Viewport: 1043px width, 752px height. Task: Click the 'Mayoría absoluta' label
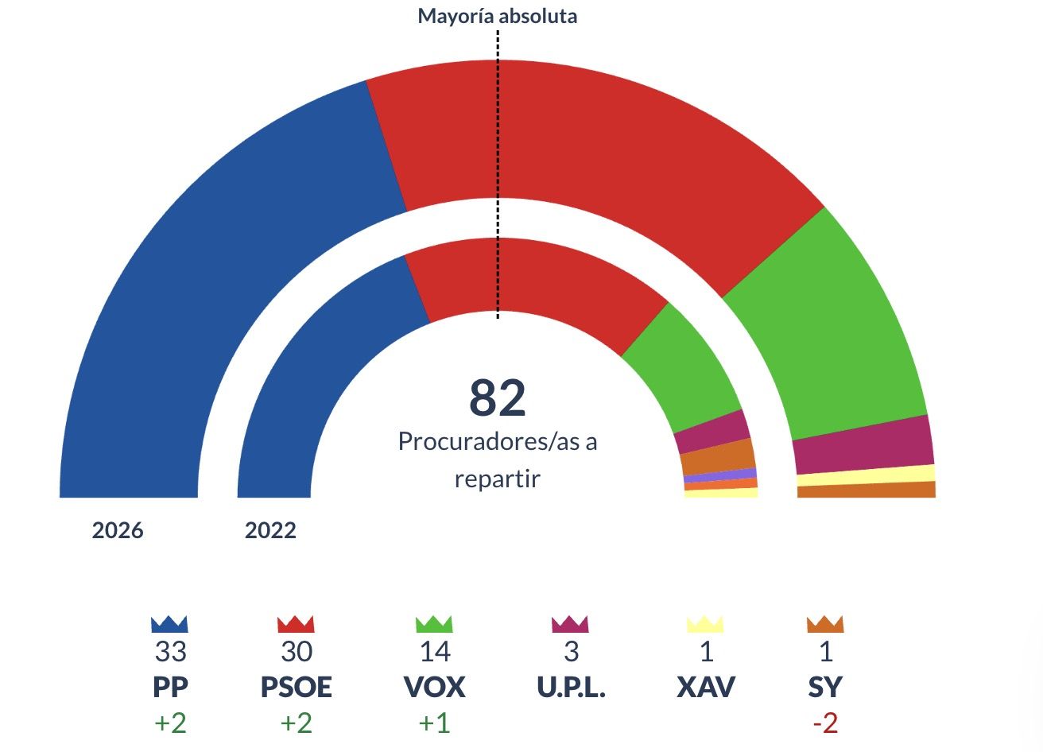click(x=497, y=16)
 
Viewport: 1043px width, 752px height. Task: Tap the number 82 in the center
click(x=498, y=397)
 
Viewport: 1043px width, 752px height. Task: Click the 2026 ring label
click(x=118, y=530)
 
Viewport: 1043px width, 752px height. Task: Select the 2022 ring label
click(x=270, y=530)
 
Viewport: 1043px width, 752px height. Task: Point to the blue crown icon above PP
click(x=169, y=624)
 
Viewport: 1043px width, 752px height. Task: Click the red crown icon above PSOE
click(x=296, y=624)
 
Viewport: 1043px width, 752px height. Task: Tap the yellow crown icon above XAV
click(x=705, y=624)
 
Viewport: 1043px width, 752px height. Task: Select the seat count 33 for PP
click(x=170, y=652)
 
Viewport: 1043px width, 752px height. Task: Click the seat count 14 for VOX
click(x=434, y=652)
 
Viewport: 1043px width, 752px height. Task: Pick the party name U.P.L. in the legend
click(x=571, y=687)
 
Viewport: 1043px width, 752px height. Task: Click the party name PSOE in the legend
click(x=296, y=687)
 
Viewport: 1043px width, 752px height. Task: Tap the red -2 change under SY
click(x=824, y=723)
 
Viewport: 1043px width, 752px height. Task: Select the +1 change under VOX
click(x=434, y=723)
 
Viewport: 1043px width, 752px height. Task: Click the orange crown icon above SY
click(x=824, y=624)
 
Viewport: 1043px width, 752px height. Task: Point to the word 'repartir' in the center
click(x=498, y=479)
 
